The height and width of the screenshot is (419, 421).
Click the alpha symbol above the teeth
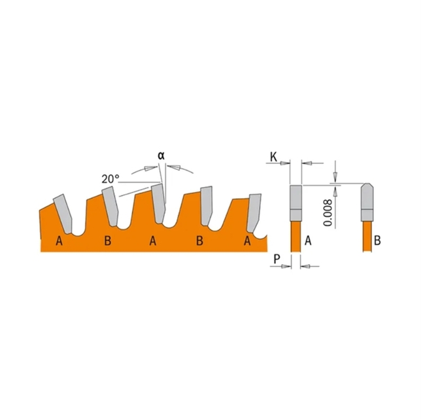[x=161, y=156]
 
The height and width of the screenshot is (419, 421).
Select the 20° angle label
[x=110, y=178]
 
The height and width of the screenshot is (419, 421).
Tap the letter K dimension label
[x=274, y=157]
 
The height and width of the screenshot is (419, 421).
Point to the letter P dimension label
[x=277, y=259]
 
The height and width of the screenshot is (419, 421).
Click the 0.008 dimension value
[x=328, y=213]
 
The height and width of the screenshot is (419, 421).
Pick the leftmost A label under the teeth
[x=59, y=241]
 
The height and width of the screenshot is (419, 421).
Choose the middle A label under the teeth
[x=153, y=241]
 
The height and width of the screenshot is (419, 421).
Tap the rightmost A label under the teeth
[x=247, y=241]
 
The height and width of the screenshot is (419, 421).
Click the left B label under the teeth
[x=107, y=241]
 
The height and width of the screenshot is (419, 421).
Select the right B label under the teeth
[x=199, y=241]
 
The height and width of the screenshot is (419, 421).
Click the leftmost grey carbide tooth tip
[x=63, y=213]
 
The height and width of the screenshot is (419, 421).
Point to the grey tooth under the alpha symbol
[x=158, y=203]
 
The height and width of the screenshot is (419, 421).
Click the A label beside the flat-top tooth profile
[x=308, y=241]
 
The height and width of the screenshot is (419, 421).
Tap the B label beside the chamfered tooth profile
[x=377, y=241]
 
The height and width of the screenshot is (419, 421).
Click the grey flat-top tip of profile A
[x=296, y=203]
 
